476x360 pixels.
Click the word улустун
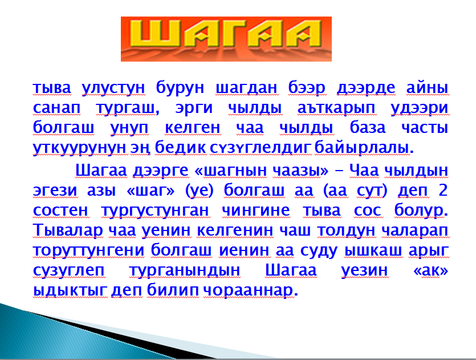tap(113, 88)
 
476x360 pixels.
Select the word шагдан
tap(246, 88)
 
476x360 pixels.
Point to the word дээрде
tap(366, 88)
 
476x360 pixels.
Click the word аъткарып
tap(336, 108)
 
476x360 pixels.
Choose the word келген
tap(193, 128)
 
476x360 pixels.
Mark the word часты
tap(425, 128)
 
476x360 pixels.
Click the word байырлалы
tap(361, 148)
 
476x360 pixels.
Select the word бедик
tap(180, 147)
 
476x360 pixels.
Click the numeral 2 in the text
tap(443, 190)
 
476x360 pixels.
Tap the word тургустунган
tap(155, 211)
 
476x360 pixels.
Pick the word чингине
tap(255, 210)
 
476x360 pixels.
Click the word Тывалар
tap(68, 230)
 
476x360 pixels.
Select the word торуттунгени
tap(88, 250)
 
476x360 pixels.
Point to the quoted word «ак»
tap(431, 270)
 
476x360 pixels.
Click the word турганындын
tap(185, 270)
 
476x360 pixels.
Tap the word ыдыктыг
tap(70, 291)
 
